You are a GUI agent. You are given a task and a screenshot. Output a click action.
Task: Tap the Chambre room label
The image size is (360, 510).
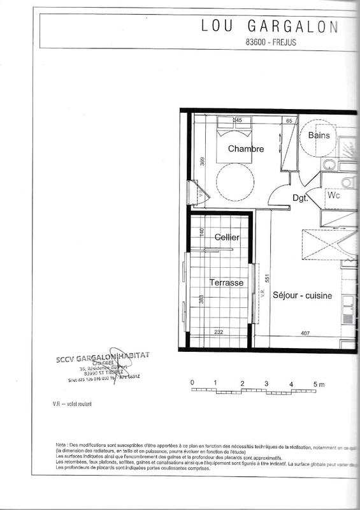[245, 149]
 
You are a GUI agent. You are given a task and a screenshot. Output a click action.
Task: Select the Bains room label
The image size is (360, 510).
[319, 136]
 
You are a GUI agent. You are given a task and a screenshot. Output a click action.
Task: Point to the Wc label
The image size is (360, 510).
[335, 196]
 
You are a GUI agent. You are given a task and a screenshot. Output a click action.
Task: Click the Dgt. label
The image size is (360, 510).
[301, 198]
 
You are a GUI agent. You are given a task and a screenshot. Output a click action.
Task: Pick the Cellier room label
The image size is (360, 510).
[227, 237]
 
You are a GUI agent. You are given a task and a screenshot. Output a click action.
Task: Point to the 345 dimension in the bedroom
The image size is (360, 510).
[237, 120]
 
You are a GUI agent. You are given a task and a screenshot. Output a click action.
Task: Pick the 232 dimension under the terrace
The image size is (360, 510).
[219, 332]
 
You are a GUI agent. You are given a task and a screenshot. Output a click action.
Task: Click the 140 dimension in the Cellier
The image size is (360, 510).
[201, 233]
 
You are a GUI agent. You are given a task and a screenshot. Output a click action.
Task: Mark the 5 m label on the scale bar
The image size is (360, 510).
[318, 384]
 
